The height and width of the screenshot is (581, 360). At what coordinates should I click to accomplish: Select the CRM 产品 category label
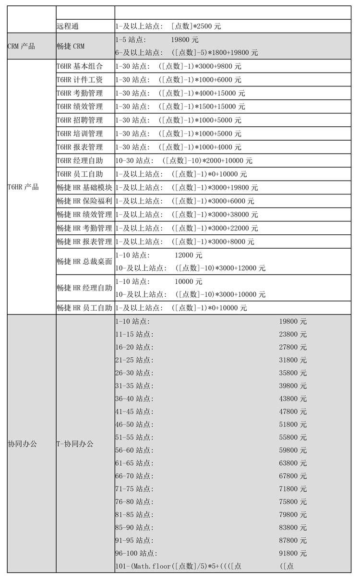pyautogui.click(x=22, y=47)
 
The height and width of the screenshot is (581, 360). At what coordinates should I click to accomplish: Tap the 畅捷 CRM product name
pyautogui.click(x=71, y=47)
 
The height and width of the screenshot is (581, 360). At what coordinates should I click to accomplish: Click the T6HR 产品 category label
pyautogui.click(x=23, y=187)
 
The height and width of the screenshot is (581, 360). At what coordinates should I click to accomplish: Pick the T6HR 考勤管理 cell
pyautogui.click(x=80, y=93)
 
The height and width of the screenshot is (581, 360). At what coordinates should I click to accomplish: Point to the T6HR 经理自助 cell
pyautogui.click(x=80, y=160)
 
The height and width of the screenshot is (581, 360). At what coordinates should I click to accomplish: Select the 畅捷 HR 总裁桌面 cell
pyautogui.click(x=84, y=261)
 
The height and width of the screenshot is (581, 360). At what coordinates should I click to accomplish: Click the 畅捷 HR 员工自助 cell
pyautogui.click(x=84, y=308)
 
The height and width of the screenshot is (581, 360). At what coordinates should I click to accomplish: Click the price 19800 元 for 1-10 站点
pyautogui.click(x=293, y=321)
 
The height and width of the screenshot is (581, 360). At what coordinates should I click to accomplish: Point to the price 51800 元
pyautogui.click(x=293, y=424)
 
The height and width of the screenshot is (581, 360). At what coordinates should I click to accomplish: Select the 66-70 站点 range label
pyautogui.click(x=134, y=476)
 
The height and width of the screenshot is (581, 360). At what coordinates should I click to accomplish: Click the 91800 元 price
pyautogui.click(x=293, y=553)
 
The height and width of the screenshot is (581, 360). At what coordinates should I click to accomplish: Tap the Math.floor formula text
pyautogui.click(x=178, y=566)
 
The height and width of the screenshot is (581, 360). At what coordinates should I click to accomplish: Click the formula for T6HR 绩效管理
pyautogui.click(x=180, y=107)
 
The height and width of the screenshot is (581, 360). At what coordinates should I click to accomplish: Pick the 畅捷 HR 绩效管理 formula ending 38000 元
pyautogui.click(x=187, y=214)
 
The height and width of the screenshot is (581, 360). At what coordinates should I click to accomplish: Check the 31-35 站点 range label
pyautogui.click(x=134, y=386)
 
